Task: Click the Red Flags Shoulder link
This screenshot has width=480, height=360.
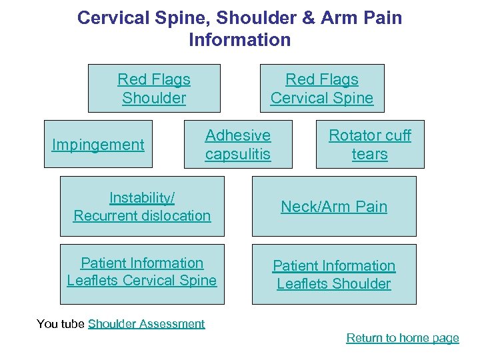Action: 154,89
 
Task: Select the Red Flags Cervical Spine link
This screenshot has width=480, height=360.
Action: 322,89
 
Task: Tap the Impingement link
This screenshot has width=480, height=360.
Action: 98,145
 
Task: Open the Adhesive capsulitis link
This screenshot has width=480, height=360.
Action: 238,145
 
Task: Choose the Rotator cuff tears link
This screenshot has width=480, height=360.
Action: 370,145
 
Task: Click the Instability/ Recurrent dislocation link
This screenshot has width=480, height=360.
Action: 142,207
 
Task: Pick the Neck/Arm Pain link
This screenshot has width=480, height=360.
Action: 334,207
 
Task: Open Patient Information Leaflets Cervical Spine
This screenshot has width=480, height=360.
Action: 142,272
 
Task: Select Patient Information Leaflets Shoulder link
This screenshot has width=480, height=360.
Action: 334,275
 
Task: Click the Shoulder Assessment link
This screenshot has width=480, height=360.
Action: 146,324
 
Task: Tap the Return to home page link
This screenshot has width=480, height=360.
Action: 403,338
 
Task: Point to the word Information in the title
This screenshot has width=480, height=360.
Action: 240,40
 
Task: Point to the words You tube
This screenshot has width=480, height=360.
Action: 61,324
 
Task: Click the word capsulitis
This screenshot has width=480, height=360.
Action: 238,154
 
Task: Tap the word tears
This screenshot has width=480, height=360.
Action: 370,154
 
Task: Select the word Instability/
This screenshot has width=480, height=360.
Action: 142,198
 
